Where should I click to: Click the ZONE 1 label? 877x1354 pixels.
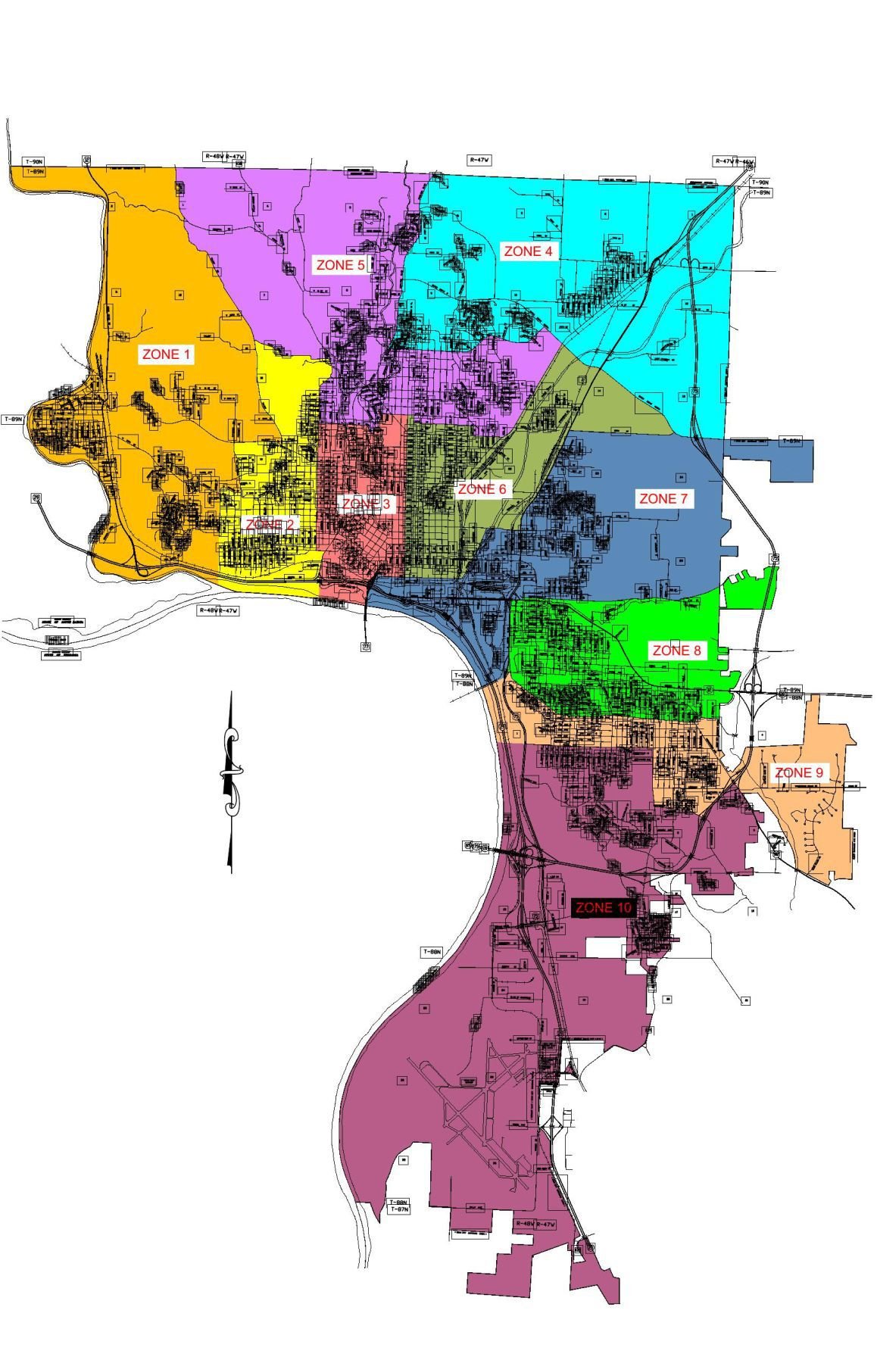167,354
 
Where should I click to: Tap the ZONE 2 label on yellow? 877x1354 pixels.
270,524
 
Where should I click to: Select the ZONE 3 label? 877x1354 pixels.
367,504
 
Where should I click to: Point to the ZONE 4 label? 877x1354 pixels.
528,251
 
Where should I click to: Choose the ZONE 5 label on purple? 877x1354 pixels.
340,265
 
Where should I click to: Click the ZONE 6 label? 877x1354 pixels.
481,489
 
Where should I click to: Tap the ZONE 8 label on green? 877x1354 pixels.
676,650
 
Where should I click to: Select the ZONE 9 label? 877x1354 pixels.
798,772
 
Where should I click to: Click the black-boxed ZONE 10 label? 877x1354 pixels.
603,907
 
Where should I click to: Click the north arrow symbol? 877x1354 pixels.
231,780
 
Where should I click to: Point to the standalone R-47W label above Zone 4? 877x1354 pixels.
479,161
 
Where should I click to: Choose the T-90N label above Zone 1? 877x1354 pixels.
34,161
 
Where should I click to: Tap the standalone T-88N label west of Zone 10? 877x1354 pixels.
431,951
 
